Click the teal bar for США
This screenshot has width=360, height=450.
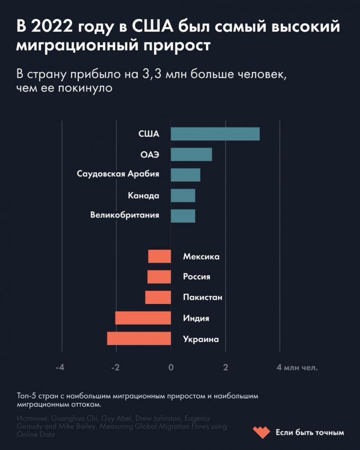coord(215,134)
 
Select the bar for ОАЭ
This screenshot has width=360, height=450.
coord(191,154)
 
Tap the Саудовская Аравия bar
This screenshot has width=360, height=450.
coord(185,175)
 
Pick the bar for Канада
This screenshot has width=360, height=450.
coord(183,196)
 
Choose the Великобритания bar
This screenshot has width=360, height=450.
coord(183,216)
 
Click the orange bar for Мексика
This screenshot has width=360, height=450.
coord(160,256)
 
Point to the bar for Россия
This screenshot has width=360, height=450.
coord(159,277)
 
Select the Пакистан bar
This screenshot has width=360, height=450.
coord(158,297)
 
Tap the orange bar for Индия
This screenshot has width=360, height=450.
coord(143,318)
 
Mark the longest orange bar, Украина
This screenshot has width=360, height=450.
coord(139,338)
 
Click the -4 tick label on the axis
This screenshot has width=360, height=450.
coord(60,367)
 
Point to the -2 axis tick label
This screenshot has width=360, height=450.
coord(115,367)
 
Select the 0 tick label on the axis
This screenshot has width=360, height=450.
coord(171,367)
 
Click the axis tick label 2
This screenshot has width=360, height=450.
coord(225,367)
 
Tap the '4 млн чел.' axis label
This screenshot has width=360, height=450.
coord(297,367)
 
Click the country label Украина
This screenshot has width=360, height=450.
coord(201,339)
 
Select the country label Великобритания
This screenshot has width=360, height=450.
coord(125,216)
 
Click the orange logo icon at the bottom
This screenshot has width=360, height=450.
coord(261,432)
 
